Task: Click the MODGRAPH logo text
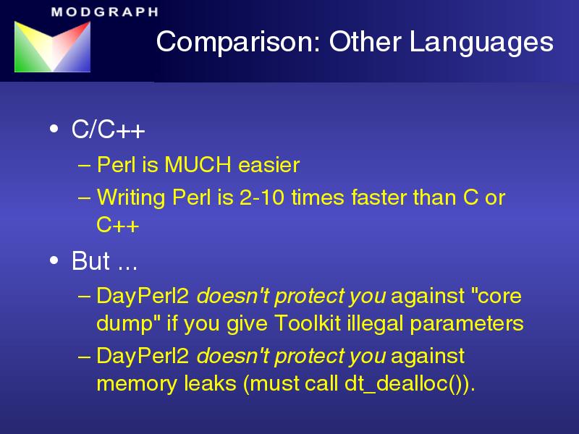click(x=105, y=12)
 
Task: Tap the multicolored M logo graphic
click(x=52, y=46)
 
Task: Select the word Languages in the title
click(x=481, y=43)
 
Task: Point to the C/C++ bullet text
click(x=108, y=129)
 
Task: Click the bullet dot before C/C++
click(x=54, y=129)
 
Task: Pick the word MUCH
click(x=198, y=165)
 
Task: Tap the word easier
click(x=269, y=165)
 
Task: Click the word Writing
click(x=131, y=198)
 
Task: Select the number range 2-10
click(x=262, y=197)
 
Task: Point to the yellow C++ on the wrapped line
click(x=117, y=224)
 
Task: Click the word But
click(x=90, y=261)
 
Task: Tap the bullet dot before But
click(x=54, y=260)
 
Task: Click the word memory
click(x=137, y=384)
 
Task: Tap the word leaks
click(x=210, y=383)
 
